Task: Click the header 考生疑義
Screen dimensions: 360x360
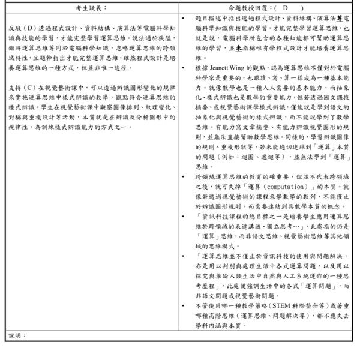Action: (x=91, y=8)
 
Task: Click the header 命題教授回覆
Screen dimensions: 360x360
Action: (x=247, y=8)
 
